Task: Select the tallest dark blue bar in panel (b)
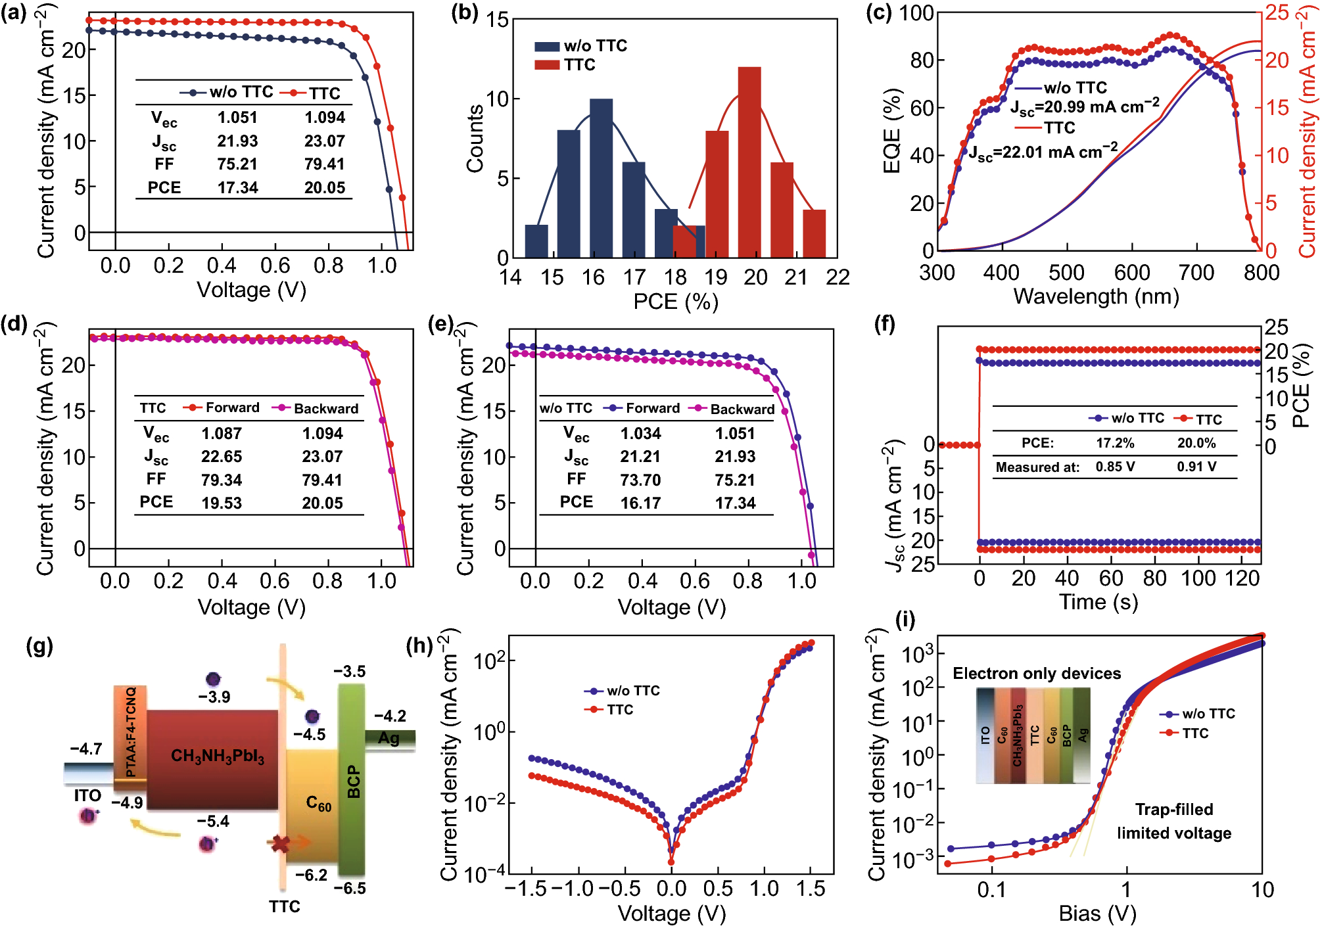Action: [x=601, y=177]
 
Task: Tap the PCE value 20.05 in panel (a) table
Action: [x=324, y=188]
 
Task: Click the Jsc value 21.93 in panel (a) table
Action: [x=237, y=141]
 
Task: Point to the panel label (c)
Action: [x=879, y=12]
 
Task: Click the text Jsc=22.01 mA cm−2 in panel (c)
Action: [x=1043, y=152]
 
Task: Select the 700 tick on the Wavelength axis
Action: [x=1196, y=272]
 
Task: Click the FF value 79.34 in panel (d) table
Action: [x=222, y=480]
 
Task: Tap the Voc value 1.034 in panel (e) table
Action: [x=640, y=434]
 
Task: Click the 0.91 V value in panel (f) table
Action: [x=1196, y=467]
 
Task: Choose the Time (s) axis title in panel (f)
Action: [x=1098, y=602]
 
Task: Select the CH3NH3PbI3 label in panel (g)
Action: [x=218, y=756]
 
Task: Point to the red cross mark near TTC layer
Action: [x=281, y=843]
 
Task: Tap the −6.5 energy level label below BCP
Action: [x=349, y=889]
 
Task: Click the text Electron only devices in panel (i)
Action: [x=1036, y=674]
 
